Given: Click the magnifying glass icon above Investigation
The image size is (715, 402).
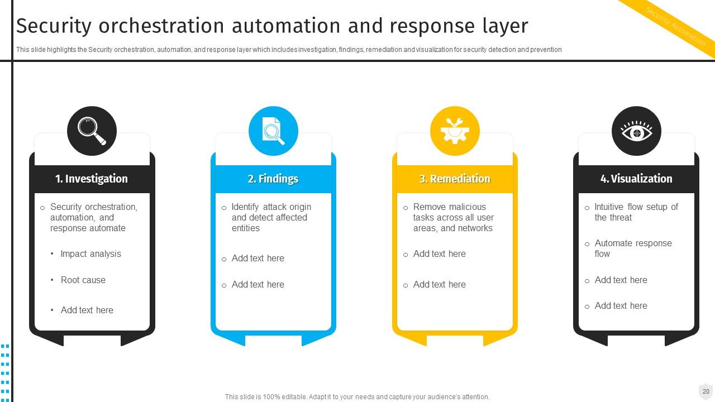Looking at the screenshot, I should tap(92, 131).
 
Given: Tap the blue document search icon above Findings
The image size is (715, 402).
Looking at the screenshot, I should tap(273, 131).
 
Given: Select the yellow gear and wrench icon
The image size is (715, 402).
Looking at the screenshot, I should tap(455, 131).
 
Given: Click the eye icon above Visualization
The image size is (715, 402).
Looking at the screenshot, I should tap(636, 131).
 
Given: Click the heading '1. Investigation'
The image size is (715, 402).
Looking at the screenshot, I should tap(92, 179).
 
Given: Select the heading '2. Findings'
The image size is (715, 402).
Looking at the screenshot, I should tap(273, 179).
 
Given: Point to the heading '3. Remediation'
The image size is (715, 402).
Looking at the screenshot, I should tap(455, 179).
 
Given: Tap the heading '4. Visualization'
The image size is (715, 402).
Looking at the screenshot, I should tap(636, 179).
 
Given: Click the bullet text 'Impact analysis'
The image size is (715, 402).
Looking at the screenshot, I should tap(90, 253).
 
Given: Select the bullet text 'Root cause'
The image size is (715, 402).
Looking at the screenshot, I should tap(83, 280).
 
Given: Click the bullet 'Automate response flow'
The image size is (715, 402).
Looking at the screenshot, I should tap(632, 248).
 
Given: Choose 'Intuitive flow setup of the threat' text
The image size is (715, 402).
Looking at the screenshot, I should tap(636, 212).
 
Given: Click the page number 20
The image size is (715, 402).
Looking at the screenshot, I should tap(706, 391).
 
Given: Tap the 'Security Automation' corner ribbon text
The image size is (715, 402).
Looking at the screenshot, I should tap(675, 26).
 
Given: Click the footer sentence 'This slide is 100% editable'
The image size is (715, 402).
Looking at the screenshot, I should tap(357, 397).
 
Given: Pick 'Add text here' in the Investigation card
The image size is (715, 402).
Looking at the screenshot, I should tap(87, 310).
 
